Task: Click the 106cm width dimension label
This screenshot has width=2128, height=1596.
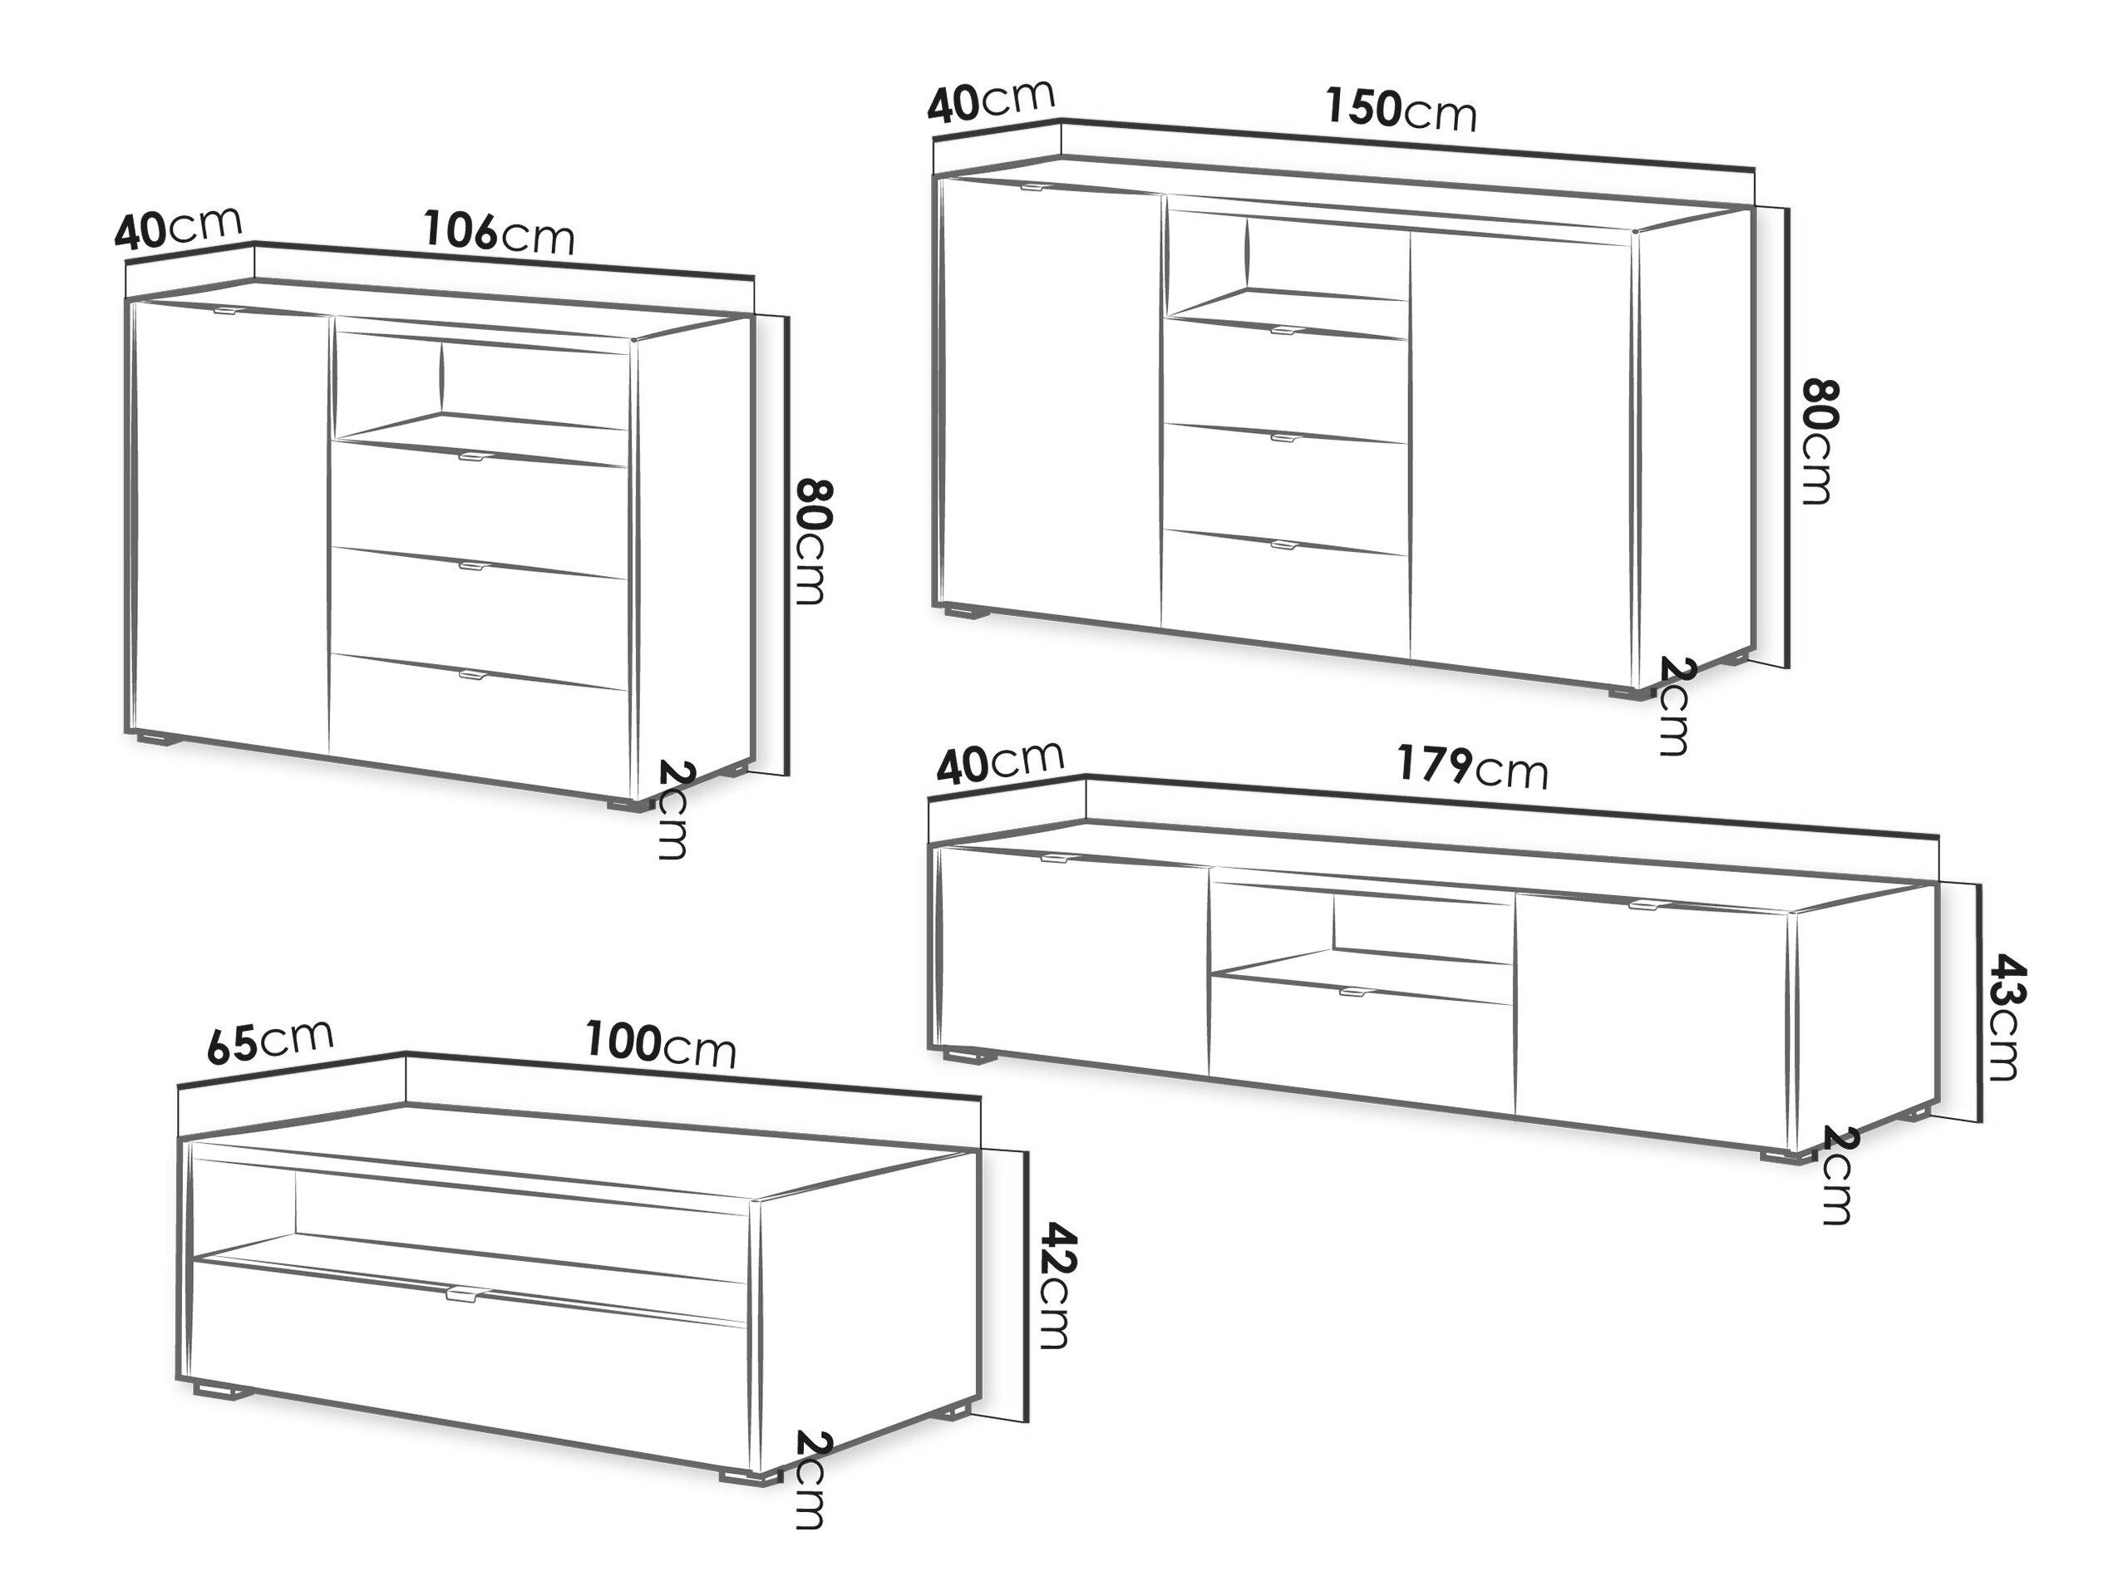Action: coord(500,234)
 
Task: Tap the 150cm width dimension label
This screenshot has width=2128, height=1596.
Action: coord(1401,109)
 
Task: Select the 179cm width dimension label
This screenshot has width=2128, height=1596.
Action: coord(1473,766)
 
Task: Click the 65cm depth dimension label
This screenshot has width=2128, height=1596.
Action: coord(270,1041)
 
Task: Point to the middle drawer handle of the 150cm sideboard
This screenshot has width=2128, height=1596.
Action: coord(1285,438)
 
